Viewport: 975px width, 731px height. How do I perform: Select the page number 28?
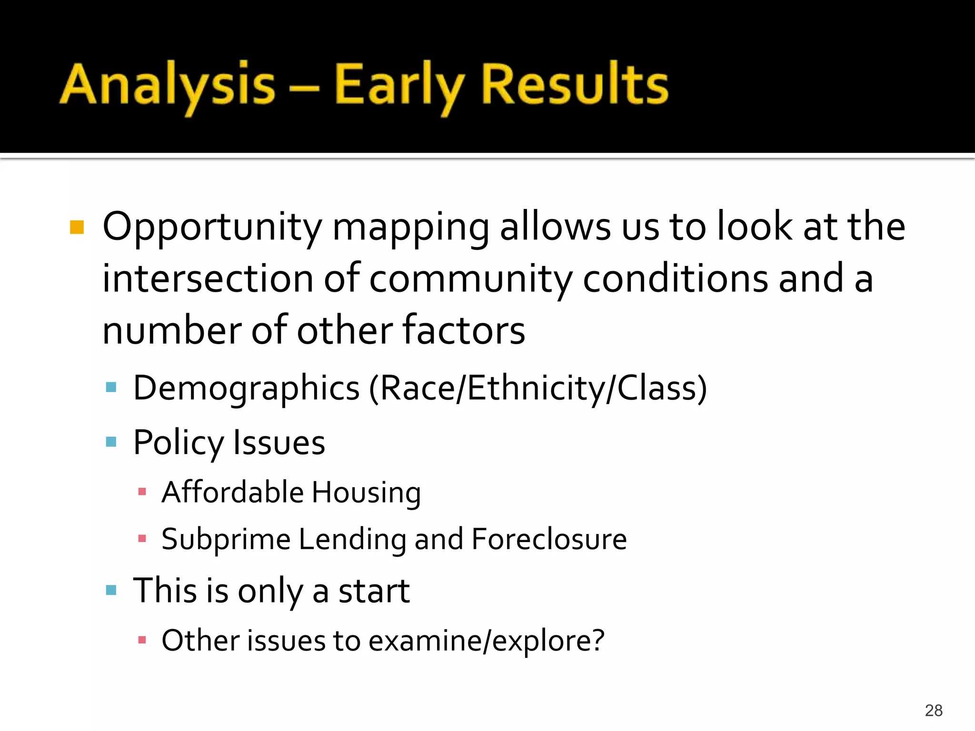pyautogui.click(x=934, y=711)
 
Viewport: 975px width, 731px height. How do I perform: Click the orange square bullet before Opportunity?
pyautogui.click(x=77, y=227)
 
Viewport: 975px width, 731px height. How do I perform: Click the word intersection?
pyautogui.click(x=208, y=279)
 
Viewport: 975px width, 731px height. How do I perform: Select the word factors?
pyautogui.click(x=464, y=330)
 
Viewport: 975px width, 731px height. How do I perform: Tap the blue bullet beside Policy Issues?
pyautogui.click(x=111, y=442)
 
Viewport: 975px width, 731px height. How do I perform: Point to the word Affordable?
pyautogui.click(x=232, y=492)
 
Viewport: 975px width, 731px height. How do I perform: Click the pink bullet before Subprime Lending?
pyautogui.click(x=142, y=539)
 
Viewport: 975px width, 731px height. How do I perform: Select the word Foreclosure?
pyautogui.click(x=549, y=539)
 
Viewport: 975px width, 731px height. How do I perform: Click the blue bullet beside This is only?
pyautogui.click(x=111, y=591)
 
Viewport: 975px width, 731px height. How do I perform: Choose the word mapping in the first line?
pyautogui.click(x=410, y=227)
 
